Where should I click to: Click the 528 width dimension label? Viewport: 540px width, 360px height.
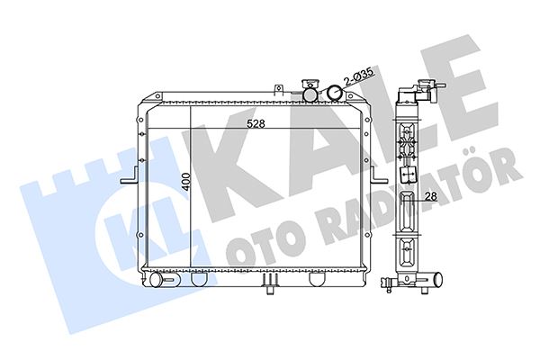click(x=256, y=123)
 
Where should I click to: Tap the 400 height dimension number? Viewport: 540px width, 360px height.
click(x=186, y=182)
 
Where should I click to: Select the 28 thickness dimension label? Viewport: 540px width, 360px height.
click(x=431, y=196)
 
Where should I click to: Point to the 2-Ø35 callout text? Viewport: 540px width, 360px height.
click(x=358, y=76)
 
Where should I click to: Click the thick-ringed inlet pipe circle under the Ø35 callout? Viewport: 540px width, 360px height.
click(x=335, y=93)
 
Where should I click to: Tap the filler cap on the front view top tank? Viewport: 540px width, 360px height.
click(x=310, y=91)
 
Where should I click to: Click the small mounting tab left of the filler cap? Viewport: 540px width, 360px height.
click(x=279, y=89)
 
